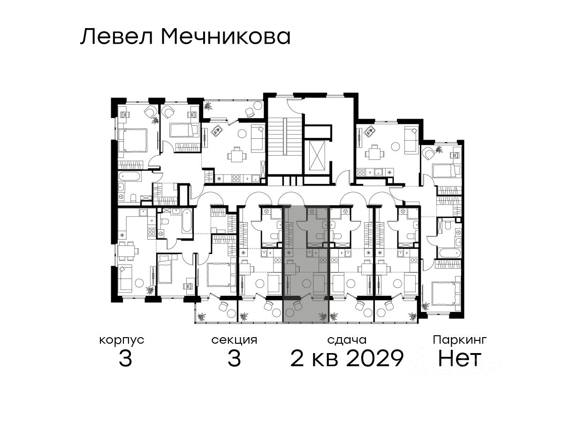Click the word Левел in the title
click(x=117, y=37)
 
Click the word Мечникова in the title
click(x=226, y=37)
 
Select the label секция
click(x=234, y=340)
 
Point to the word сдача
click(x=347, y=340)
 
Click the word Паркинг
click(x=460, y=340)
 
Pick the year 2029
click(x=375, y=358)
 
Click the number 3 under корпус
click(x=125, y=358)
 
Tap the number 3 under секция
click(x=234, y=358)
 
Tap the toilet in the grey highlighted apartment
click(x=320, y=236)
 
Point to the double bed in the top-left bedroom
click(x=134, y=140)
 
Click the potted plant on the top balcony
click(x=208, y=105)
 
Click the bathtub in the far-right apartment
click(x=449, y=253)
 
